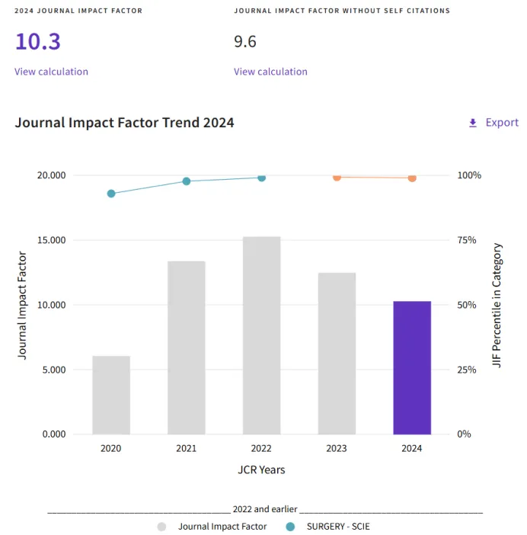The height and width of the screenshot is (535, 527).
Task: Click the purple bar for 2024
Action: pos(412,367)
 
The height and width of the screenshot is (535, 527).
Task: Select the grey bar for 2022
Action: pos(262,335)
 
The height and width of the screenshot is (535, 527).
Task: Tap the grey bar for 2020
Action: pos(111,395)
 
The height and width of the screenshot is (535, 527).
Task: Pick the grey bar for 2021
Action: pos(187,348)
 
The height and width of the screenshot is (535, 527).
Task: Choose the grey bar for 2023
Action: pos(337,353)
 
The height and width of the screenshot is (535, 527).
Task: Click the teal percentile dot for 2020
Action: pos(111,194)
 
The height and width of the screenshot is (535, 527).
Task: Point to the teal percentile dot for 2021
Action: pos(187,181)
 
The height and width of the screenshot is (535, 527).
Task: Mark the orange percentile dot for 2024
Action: pos(412,178)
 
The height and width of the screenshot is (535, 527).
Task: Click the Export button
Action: pos(493,123)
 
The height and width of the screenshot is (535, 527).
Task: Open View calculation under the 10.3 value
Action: pos(51,72)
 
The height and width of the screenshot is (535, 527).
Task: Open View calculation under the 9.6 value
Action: pos(270,72)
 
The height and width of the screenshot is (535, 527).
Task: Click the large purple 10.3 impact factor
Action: pos(37,41)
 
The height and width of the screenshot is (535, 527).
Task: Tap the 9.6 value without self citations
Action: pos(245,41)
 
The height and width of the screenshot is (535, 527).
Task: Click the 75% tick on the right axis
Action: pos(467,240)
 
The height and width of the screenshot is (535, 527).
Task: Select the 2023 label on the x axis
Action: pos(337,448)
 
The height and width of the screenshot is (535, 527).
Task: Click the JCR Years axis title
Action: pos(261,469)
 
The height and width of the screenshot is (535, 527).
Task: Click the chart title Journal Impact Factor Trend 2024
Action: pos(124,123)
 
